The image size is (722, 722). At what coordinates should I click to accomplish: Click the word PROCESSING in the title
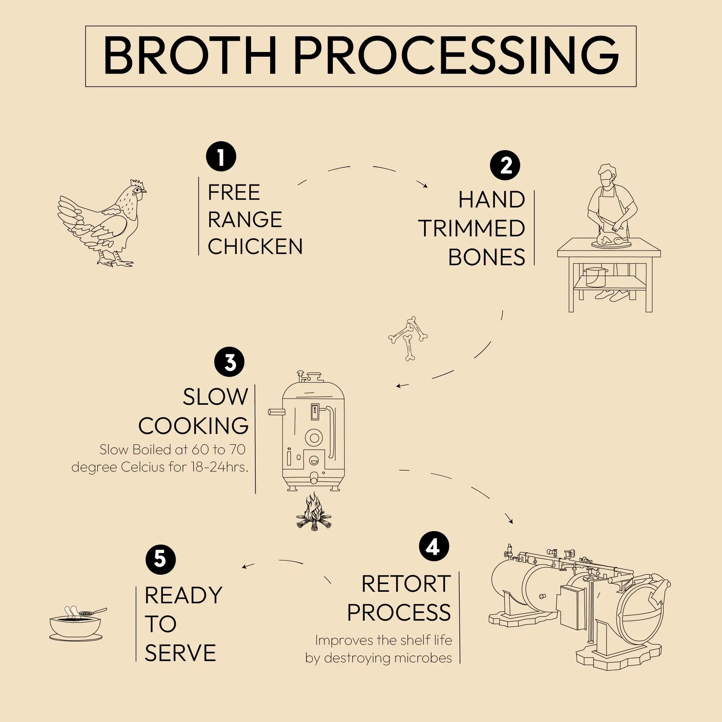(456, 56)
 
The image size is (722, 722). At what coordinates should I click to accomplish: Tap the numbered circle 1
(221, 156)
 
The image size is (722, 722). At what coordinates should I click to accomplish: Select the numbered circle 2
(505, 165)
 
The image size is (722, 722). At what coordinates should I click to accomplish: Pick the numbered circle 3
(229, 362)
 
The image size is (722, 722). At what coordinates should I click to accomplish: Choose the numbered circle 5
(160, 559)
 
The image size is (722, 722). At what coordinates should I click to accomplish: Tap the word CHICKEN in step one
(255, 247)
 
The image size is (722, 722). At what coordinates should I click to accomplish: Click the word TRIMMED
(472, 229)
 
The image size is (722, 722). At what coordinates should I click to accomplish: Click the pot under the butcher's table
(597, 276)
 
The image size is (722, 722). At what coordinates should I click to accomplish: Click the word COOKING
(194, 426)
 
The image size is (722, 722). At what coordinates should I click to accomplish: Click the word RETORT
(406, 584)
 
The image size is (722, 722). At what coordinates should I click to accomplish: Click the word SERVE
(180, 653)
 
